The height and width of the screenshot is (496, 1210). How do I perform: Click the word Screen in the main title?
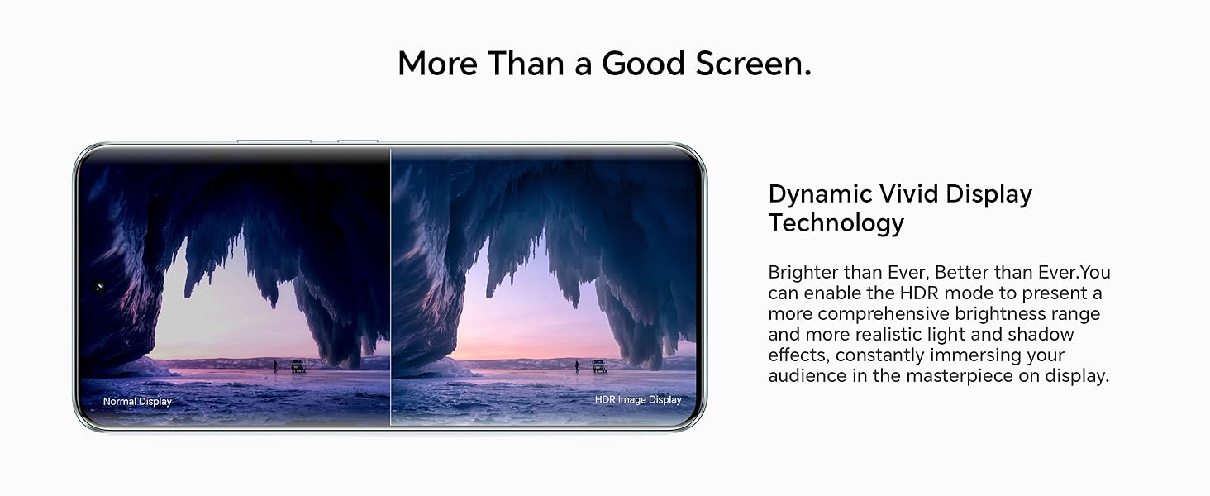tap(754, 63)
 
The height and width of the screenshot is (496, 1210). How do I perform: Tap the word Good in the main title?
tap(644, 63)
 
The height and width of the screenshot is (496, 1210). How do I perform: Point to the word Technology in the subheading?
tap(836, 223)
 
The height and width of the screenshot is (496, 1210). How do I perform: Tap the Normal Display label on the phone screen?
tap(137, 402)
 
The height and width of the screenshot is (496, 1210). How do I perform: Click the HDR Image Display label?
tap(638, 400)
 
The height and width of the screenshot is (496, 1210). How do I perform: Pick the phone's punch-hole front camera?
tap(99, 288)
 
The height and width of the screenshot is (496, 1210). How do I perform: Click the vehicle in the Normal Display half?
tap(298, 365)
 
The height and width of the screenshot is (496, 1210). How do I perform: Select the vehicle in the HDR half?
tap(600, 365)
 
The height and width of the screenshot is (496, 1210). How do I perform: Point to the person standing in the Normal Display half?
tap(275, 366)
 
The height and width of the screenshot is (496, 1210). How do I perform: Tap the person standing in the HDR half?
tap(577, 366)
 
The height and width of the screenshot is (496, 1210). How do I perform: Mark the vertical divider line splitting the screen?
tap(390, 286)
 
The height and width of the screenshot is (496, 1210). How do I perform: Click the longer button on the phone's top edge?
tap(274, 141)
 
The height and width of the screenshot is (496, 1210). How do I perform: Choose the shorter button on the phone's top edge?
tap(358, 141)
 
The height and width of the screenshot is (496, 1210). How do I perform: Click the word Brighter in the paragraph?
tap(803, 272)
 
